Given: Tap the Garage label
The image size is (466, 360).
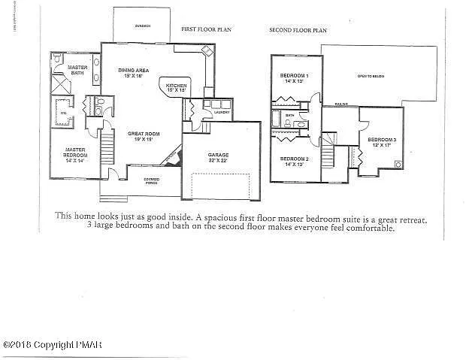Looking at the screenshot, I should (x=218, y=158).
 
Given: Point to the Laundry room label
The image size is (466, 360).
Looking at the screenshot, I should (x=221, y=112).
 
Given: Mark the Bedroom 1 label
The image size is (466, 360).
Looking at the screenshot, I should (x=294, y=79).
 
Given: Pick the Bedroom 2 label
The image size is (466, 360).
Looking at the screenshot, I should (x=295, y=161).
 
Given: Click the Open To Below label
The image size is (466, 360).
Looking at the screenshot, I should (x=371, y=76).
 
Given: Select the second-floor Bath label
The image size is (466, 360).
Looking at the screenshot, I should (x=290, y=116).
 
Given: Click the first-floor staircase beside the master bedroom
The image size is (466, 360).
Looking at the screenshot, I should (x=107, y=151).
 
